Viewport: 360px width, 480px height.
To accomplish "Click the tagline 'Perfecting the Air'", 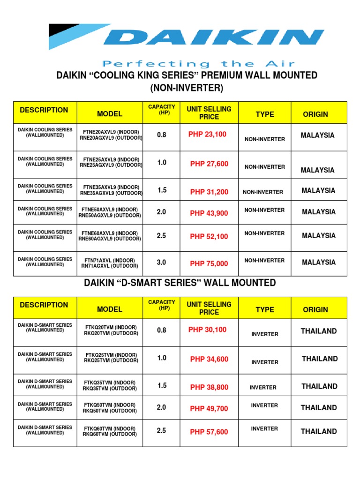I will [x=199, y=64].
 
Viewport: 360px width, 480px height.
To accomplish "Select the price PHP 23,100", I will [x=207, y=135].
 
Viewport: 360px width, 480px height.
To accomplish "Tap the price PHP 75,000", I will [x=209, y=264].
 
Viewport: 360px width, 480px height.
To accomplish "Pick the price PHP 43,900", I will [x=209, y=213].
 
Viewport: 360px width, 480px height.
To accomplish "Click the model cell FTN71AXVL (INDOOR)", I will [x=110, y=261].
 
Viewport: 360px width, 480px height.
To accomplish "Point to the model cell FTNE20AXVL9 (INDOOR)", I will [x=111, y=133].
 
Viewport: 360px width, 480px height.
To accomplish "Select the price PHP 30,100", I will [x=207, y=330].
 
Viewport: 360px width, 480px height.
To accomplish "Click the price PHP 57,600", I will [x=209, y=432].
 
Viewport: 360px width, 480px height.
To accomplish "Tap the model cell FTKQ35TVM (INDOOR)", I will [x=110, y=382].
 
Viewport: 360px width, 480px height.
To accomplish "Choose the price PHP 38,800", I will [x=209, y=388].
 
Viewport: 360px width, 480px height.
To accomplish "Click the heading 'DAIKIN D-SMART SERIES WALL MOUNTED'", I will [x=180, y=283].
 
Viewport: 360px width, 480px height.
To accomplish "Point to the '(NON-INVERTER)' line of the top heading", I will [x=180, y=88].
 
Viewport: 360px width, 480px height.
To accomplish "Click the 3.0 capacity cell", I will [x=162, y=263].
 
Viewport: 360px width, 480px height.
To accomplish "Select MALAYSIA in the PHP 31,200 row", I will [x=319, y=191].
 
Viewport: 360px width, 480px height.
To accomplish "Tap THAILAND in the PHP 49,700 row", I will [x=319, y=408].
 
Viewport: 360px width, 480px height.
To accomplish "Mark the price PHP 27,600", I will [x=209, y=164].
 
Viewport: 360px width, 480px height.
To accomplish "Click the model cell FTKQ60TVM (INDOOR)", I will [x=110, y=428].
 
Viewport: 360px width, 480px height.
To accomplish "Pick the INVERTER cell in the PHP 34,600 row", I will [x=265, y=362].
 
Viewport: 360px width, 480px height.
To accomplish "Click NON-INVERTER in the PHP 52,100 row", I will [x=264, y=233].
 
